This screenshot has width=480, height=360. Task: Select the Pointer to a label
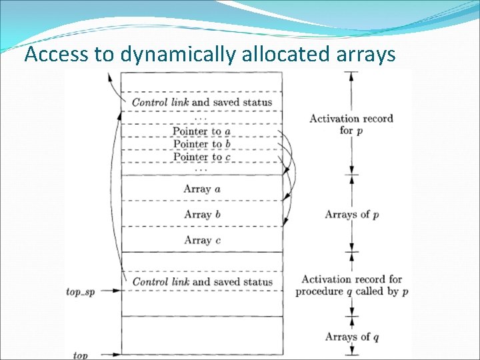pos(201,131)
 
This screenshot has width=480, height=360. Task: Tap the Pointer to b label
pos(201,144)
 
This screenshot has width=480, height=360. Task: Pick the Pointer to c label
pos(201,157)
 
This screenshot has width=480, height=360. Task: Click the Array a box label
pos(202,189)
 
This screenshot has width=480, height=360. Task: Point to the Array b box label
pos(202,214)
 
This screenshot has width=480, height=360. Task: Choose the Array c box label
pos(202,240)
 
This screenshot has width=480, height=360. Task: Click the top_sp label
pos(81,292)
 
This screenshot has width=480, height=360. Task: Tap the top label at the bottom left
pos(80,355)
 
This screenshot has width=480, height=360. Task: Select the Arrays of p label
pos(352,214)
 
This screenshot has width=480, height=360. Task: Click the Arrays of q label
pos(352,337)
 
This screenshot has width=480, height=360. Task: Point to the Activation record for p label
pos(351,124)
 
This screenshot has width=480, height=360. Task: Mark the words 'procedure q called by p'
pos(352,292)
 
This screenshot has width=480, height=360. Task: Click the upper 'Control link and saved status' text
pos(202,102)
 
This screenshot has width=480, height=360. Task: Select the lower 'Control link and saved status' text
pos(202,281)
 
